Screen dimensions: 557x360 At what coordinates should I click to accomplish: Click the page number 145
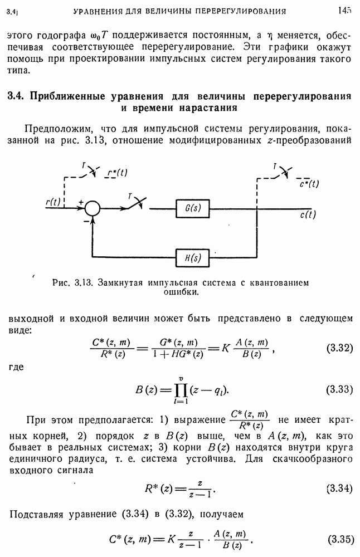[344, 10]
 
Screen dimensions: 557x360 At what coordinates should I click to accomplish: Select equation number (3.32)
[339, 349]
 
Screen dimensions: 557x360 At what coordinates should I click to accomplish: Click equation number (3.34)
[339, 488]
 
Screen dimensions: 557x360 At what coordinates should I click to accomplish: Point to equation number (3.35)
[339, 539]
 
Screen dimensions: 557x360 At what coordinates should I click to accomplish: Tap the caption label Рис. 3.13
[73, 282]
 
